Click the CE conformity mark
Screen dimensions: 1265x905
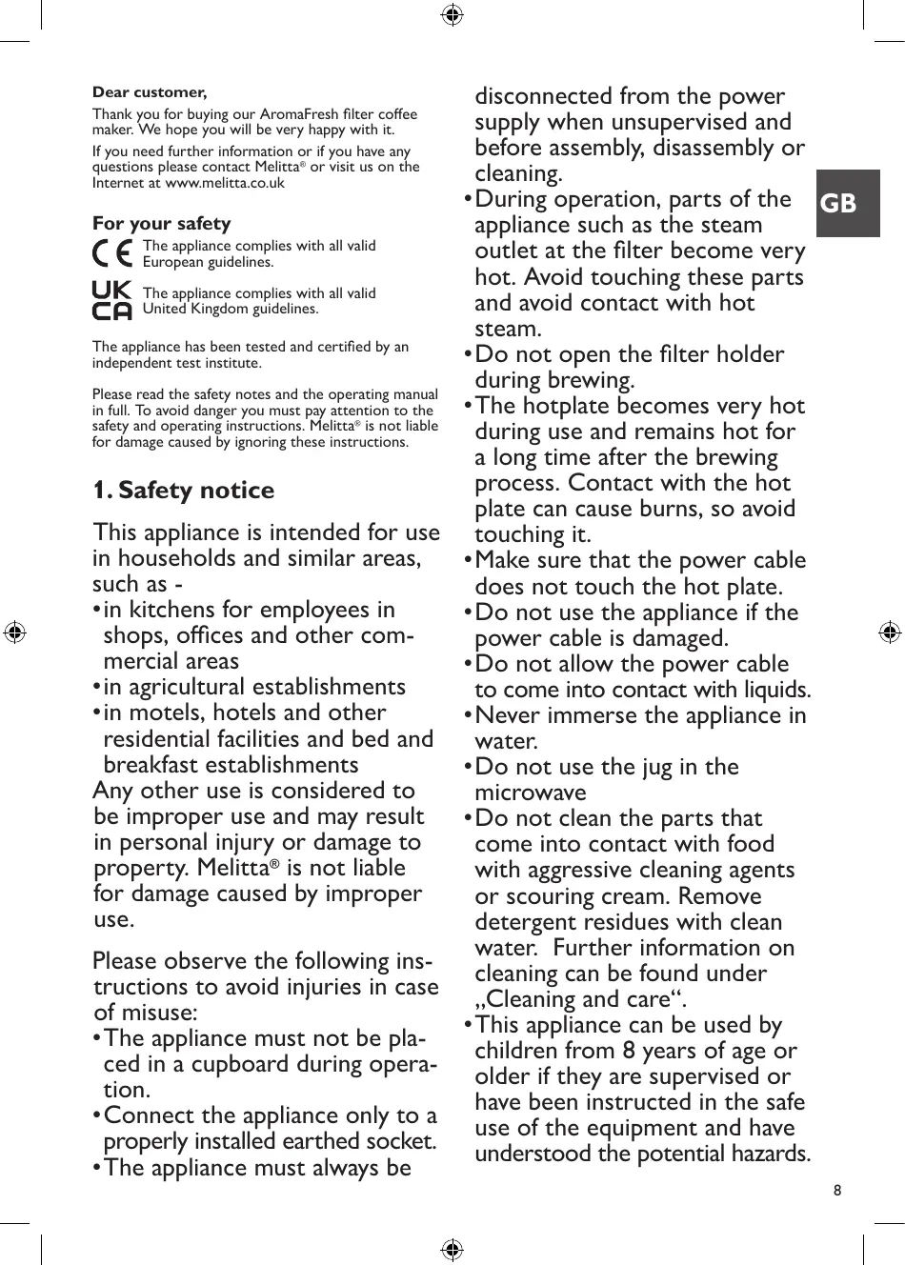pyautogui.click(x=112, y=253)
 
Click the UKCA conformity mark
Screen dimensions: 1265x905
pyautogui.click(x=111, y=300)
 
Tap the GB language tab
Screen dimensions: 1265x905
pyautogui.click(x=839, y=203)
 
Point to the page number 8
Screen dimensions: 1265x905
pyautogui.click(x=837, y=1190)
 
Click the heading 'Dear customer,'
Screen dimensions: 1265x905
pyautogui.click(x=150, y=92)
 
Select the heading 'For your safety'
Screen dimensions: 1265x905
pyautogui.click(x=161, y=223)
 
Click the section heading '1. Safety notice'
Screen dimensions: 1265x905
pyautogui.click(x=183, y=490)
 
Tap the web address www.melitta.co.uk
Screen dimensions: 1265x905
pyautogui.click(x=225, y=183)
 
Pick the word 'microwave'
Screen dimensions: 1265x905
pyautogui.click(x=531, y=793)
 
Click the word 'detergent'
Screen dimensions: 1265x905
pyautogui.click(x=533, y=922)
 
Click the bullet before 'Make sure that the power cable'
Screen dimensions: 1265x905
pyautogui.click(x=468, y=561)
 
